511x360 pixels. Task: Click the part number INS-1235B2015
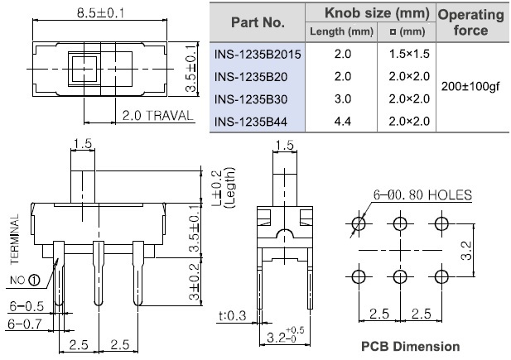click(x=258, y=54)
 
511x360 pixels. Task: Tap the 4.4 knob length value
click(x=343, y=122)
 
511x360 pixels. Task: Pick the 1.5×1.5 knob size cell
click(x=409, y=54)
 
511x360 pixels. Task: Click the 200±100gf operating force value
click(x=470, y=87)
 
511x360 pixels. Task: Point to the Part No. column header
click(x=258, y=22)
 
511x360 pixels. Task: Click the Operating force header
click(x=470, y=22)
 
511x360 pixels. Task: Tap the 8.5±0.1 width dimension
click(x=100, y=13)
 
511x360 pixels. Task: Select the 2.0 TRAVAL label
click(x=157, y=116)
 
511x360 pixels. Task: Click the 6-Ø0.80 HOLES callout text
click(x=422, y=194)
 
